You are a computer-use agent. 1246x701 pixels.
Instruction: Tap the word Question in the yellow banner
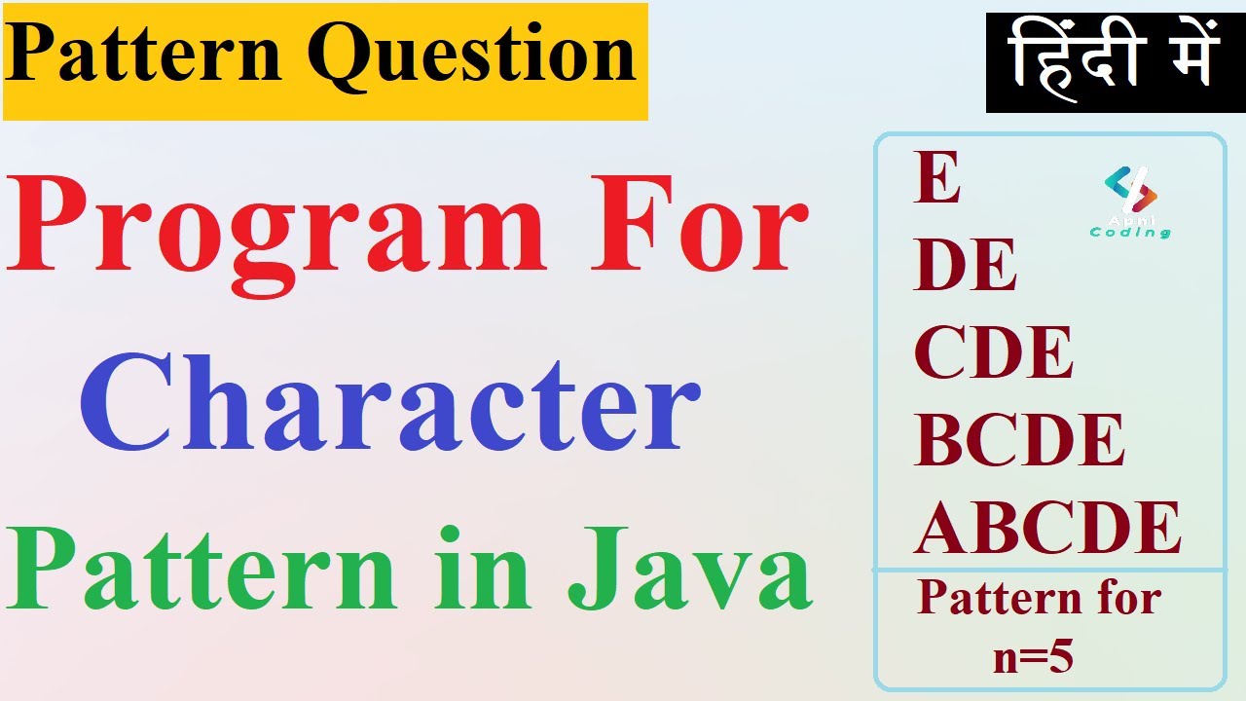pos(476,56)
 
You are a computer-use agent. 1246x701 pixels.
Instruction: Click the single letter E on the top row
pos(936,181)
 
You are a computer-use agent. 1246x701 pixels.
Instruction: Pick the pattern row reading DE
pos(965,266)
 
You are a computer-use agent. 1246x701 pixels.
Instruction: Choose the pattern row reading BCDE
pos(1019,439)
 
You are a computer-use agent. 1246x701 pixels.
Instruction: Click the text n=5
pos(1033,659)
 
